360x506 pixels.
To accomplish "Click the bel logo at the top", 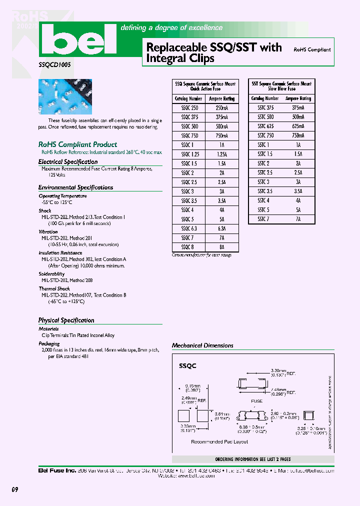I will [x=77, y=41].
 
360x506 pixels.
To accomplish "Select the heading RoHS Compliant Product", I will [x=77, y=144].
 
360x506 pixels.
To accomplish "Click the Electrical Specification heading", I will [x=68, y=162].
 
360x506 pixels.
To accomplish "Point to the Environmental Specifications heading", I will [x=75, y=187].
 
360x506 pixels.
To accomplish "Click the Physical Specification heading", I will [x=66, y=320].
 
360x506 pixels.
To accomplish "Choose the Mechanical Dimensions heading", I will [x=202, y=345].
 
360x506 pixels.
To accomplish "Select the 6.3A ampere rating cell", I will [x=221, y=228].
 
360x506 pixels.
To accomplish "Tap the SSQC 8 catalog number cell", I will [x=187, y=247].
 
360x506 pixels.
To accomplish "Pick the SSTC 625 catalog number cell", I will [x=265, y=126].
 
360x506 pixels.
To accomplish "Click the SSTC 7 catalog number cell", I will [x=263, y=219].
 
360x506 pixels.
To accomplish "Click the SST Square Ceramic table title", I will [x=281, y=86].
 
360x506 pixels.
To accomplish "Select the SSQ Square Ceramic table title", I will [x=205, y=86].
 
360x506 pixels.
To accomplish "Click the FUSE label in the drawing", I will [x=256, y=401].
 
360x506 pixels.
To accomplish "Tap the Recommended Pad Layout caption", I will [x=219, y=441].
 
